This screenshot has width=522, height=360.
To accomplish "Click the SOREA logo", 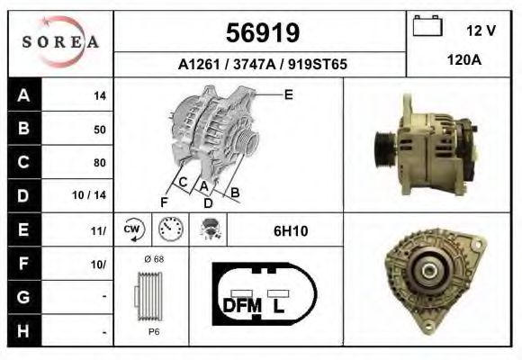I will pos(60,43).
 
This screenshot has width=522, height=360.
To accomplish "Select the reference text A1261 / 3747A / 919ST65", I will pos(262,66).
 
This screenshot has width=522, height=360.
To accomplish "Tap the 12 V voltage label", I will pos(481,31).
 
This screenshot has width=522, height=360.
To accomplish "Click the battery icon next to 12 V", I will pos(427,27).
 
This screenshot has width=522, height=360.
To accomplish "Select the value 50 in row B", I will pos(99,130).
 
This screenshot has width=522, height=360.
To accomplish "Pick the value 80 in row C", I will pos(99,163).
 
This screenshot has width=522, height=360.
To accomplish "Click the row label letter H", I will pos(22,331).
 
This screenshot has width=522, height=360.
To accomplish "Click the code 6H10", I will pos(291,231).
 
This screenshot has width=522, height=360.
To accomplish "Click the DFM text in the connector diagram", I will pos(241,306).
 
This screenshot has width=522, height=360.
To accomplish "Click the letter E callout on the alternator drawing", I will pos(288,94).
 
